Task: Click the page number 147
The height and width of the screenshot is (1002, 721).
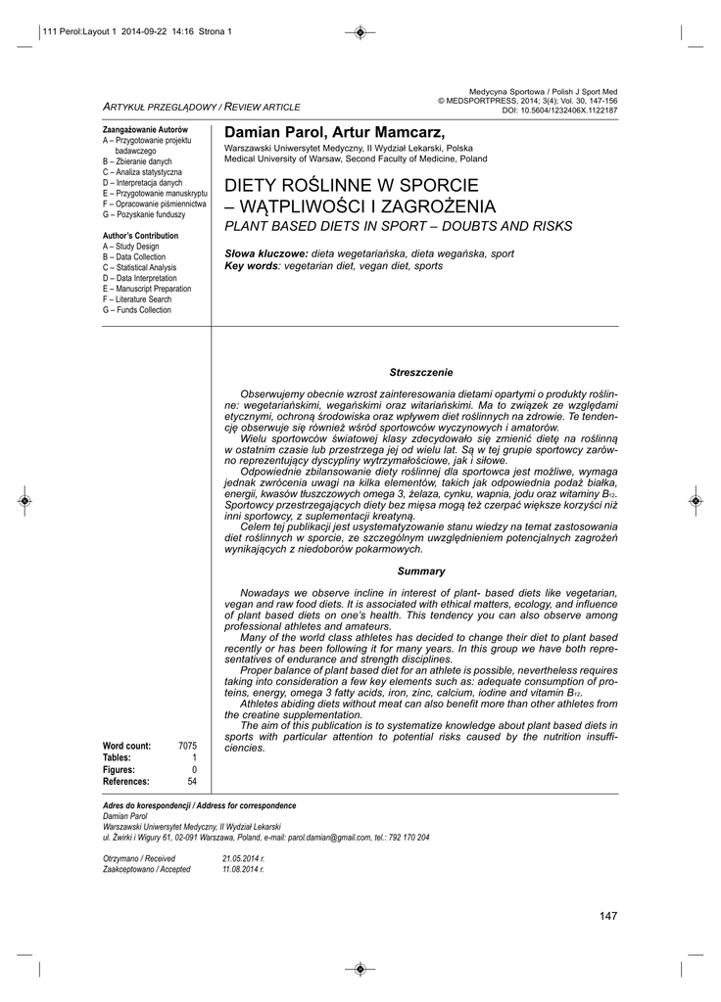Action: tap(607, 915)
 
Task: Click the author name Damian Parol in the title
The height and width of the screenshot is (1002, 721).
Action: tap(270, 132)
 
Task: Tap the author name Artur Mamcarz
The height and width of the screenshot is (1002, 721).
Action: tap(374, 132)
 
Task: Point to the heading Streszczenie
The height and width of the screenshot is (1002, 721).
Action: tap(421, 373)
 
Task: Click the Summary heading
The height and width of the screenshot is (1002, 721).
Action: tap(421, 571)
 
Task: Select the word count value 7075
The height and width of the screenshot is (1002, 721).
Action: tap(187, 746)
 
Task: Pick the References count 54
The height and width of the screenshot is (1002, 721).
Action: tap(192, 781)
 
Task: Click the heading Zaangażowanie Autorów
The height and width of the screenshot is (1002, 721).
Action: tap(145, 129)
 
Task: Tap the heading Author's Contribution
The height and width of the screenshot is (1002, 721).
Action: tap(141, 236)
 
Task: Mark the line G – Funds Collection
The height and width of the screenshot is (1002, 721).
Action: tap(137, 310)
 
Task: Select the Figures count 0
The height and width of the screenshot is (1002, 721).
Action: tap(194, 769)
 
